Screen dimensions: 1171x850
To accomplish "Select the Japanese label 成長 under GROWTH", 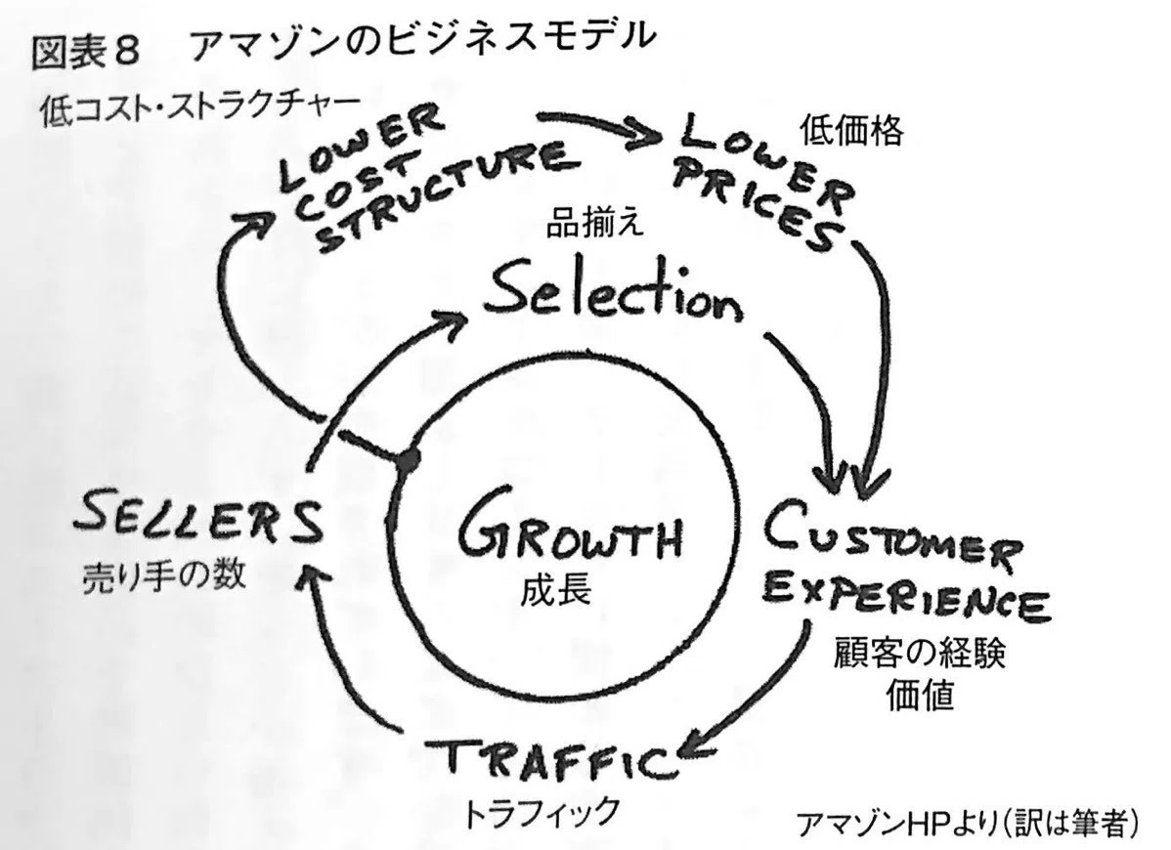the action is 558,589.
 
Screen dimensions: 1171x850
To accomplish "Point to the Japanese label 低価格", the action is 851,131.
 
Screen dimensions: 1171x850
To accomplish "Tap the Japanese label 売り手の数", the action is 163,575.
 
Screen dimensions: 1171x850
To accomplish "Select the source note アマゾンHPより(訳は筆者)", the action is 969,825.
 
